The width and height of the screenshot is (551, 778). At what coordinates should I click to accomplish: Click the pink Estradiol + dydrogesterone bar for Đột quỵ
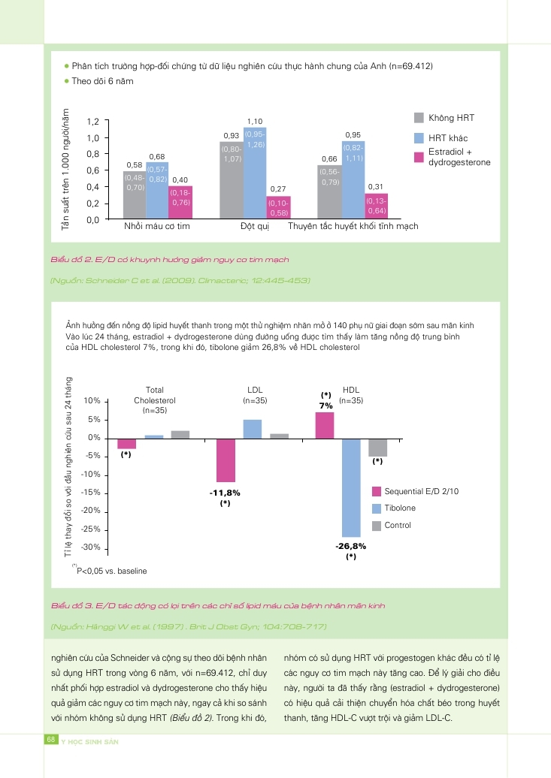(x=278, y=207)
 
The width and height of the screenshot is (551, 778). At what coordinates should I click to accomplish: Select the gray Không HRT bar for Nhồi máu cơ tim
(x=135, y=195)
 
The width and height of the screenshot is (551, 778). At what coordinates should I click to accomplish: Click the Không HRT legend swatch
(x=419, y=118)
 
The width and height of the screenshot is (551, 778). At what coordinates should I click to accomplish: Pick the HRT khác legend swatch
(x=419, y=138)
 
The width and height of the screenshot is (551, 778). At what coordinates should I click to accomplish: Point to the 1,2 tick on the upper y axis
(x=92, y=122)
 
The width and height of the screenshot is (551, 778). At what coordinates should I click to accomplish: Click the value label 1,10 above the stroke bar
(x=255, y=121)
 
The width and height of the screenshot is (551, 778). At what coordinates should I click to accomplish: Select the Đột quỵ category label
(x=255, y=226)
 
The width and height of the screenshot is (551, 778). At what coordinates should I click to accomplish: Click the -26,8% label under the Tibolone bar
(x=350, y=546)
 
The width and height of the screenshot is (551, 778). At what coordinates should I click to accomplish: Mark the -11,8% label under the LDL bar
(x=225, y=493)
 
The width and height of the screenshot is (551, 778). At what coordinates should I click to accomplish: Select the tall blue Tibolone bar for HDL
(x=351, y=487)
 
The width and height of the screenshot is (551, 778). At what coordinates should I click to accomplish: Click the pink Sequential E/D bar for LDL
(x=226, y=460)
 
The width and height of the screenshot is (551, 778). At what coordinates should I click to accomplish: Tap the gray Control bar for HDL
(x=377, y=448)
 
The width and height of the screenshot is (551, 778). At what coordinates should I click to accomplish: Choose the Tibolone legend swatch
(x=377, y=508)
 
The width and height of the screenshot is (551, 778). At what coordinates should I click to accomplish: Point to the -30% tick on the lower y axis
(x=90, y=548)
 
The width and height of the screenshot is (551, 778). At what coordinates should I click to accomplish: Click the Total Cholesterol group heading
(x=154, y=400)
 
